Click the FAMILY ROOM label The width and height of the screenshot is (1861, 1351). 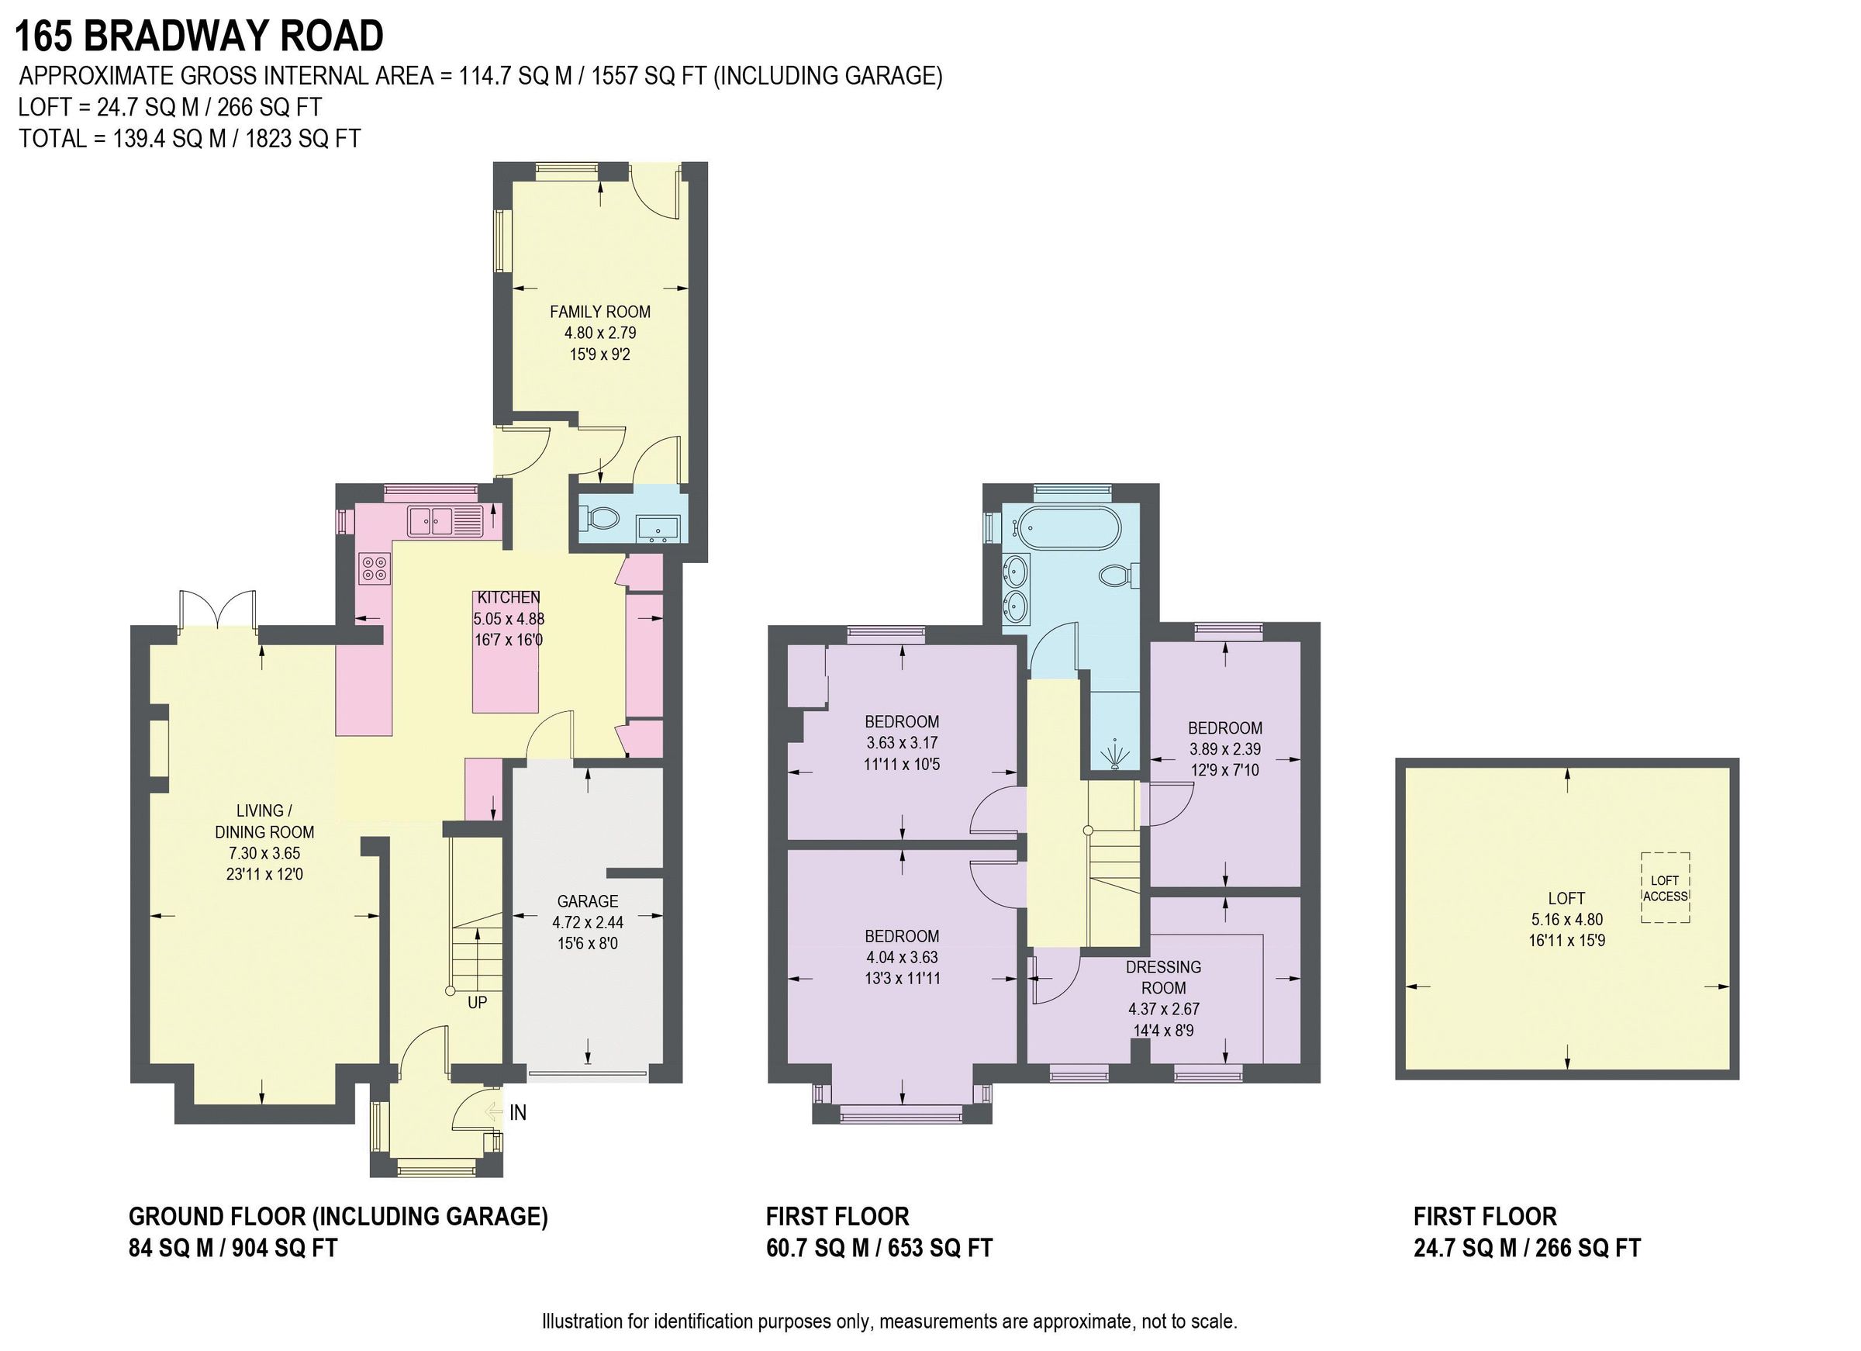coord(600,312)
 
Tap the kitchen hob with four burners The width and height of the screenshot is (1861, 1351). coord(375,568)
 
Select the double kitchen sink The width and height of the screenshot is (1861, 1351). coord(432,520)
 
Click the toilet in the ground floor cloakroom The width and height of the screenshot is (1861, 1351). coord(601,518)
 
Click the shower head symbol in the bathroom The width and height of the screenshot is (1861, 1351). coord(1114,754)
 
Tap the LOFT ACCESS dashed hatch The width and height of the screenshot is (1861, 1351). coord(1665,888)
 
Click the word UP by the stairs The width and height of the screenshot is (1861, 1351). coord(477,1002)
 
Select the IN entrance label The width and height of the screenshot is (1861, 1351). coord(518,1113)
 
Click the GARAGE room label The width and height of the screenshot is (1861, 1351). coord(588,900)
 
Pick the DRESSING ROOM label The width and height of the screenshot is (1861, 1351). coord(1164,976)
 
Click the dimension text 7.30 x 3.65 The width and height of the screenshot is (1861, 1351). coord(264,853)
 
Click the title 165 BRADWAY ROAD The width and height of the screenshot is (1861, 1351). coord(199,36)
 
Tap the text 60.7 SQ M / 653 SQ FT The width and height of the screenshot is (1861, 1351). coord(879,1249)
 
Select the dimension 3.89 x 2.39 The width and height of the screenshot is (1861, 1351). coord(1225,748)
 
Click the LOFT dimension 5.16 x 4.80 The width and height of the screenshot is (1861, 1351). coord(1566,919)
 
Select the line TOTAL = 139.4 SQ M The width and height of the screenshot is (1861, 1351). coord(189,139)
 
